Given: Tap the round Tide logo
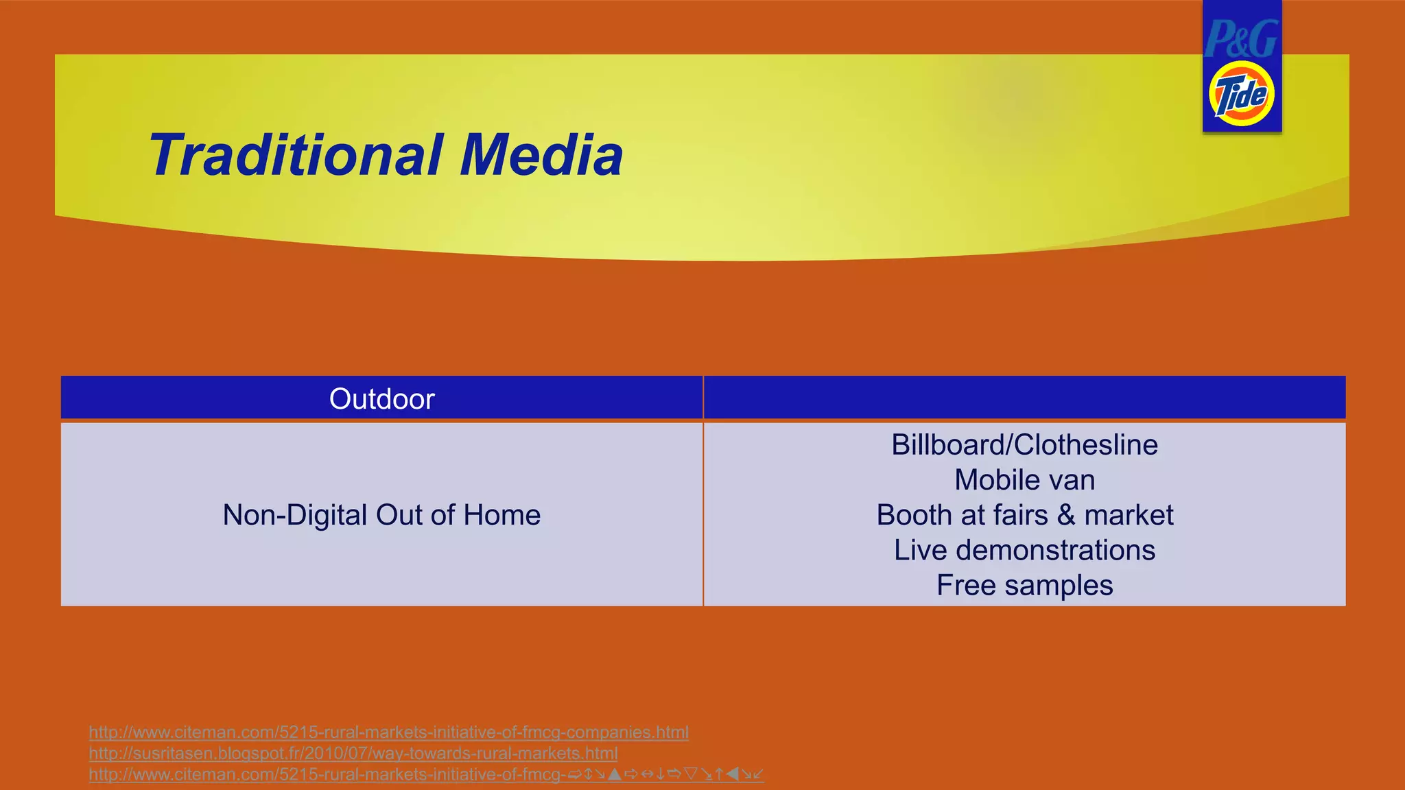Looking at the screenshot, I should click(x=1241, y=94).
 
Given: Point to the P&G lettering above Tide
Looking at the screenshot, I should click(x=1240, y=38).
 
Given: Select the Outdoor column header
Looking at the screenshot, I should click(x=381, y=399).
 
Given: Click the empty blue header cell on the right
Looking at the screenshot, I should click(x=1024, y=398).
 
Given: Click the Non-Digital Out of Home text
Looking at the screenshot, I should click(x=381, y=515).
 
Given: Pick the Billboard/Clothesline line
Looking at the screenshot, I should click(x=1024, y=445).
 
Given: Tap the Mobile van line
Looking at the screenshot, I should click(x=1024, y=480).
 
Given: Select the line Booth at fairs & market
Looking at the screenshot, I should click(x=1024, y=515).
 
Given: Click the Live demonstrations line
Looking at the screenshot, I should click(x=1024, y=550).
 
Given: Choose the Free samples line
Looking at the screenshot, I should click(x=1024, y=586).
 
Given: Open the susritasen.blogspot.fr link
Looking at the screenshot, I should click(x=353, y=753).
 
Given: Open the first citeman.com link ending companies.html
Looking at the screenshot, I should click(x=388, y=732).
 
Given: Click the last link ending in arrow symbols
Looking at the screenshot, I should click(x=425, y=774).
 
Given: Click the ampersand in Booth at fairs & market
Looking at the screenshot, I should click(x=1066, y=515).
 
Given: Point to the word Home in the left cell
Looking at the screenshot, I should click(x=501, y=515).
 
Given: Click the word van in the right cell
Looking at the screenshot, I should click(x=1075, y=480).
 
